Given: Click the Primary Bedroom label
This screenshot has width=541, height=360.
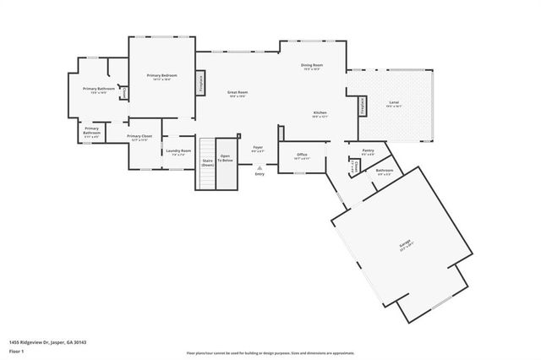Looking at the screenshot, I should [x=160, y=77].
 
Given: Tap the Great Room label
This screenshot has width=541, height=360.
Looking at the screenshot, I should [x=237, y=94].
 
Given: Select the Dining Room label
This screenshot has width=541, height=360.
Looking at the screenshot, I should [x=312, y=67].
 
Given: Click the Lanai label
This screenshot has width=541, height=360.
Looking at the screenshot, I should [x=394, y=104].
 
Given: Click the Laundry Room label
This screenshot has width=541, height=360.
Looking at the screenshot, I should [x=179, y=152].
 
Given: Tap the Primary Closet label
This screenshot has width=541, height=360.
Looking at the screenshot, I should [x=139, y=137].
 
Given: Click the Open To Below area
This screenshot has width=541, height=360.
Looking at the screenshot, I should [x=226, y=158].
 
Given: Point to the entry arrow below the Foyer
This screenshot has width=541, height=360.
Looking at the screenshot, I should [x=259, y=167].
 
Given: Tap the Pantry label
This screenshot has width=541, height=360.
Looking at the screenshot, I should [x=368, y=151].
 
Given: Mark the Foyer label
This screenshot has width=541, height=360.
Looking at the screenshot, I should [x=259, y=149].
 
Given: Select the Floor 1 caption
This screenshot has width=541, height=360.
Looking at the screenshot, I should [x=16, y=350].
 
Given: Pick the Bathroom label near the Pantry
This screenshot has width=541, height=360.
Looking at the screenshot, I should [x=384, y=172].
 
